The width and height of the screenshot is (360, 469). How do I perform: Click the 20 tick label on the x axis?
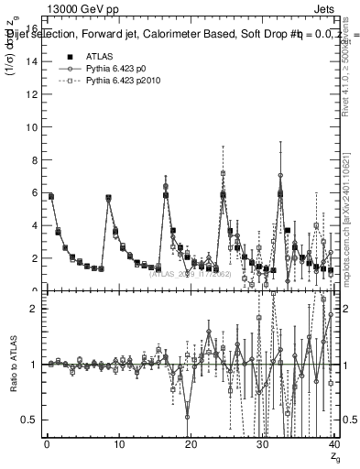(x=190, y=444)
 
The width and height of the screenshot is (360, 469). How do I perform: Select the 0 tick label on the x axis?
(x=47, y=444)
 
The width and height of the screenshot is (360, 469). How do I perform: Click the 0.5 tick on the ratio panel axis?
(x=31, y=420)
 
